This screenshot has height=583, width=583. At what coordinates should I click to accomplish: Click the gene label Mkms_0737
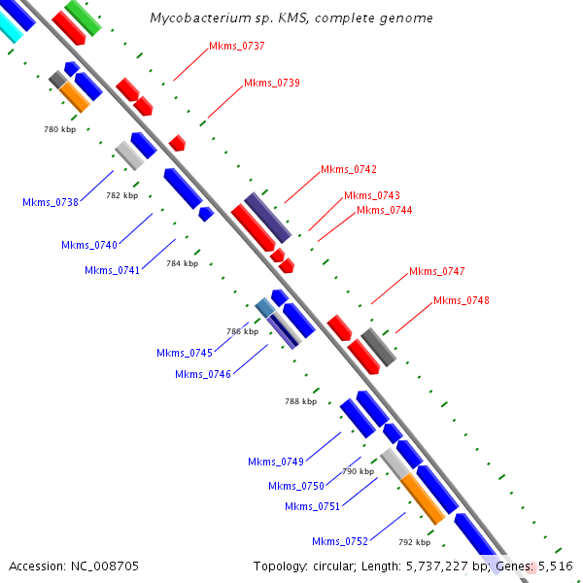[x=237, y=46]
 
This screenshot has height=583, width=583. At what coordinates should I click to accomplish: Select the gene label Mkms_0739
[x=272, y=83]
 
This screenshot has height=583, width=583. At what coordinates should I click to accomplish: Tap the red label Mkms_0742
[x=349, y=169]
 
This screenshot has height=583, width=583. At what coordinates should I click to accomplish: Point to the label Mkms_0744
[x=384, y=210]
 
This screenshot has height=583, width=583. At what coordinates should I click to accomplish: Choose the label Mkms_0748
[x=462, y=301]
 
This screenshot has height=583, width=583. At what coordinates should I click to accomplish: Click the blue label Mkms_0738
[x=51, y=202]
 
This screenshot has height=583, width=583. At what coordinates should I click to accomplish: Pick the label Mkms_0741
[x=112, y=270]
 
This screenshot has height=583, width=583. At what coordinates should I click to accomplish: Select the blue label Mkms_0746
[x=203, y=374]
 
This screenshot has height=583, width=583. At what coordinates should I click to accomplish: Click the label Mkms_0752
[x=340, y=541]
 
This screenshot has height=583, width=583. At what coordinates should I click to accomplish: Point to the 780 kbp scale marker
[x=60, y=129]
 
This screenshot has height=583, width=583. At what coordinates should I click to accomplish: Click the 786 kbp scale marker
[x=242, y=331]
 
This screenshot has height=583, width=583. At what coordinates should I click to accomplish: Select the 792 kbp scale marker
[x=414, y=542]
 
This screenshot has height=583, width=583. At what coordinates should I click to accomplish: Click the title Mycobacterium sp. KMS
[x=291, y=18]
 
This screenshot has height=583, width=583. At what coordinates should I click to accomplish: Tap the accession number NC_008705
[x=74, y=566]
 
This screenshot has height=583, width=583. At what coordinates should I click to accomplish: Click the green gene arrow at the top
[x=84, y=17]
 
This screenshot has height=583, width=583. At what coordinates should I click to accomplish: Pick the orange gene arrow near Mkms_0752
[x=423, y=498]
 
